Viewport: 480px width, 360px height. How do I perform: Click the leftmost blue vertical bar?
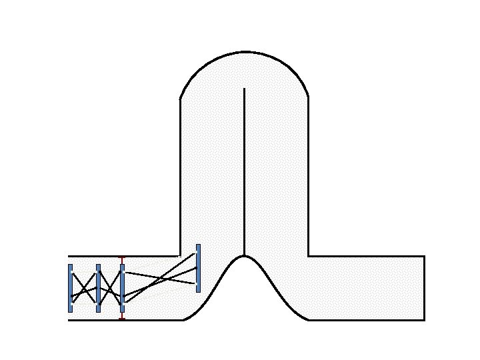click(70, 288)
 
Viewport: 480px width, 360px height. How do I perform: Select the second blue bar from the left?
click(98, 288)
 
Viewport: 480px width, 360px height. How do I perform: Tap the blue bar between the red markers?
click(122, 288)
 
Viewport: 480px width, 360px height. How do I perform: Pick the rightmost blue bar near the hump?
click(198, 268)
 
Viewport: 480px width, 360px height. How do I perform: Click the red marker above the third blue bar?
click(121, 257)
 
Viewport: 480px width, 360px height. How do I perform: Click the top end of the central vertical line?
click(245, 89)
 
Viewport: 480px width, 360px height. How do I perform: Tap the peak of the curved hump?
click(245, 255)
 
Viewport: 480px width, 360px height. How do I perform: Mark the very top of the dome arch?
click(245, 51)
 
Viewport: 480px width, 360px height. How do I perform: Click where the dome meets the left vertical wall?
click(181, 99)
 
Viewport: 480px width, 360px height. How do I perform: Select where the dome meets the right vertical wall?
click(308, 98)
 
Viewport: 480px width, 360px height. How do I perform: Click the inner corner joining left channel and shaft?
click(181, 256)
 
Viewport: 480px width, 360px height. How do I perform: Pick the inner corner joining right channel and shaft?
click(308, 256)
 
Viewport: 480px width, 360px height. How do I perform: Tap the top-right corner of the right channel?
click(424, 256)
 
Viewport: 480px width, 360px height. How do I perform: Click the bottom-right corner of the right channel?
click(424, 320)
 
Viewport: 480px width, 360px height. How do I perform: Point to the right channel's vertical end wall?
click(424, 288)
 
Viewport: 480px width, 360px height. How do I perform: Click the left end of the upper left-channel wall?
click(69, 256)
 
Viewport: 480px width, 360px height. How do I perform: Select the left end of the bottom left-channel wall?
click(69, 320)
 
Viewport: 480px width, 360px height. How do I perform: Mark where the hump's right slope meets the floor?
click(308, 320)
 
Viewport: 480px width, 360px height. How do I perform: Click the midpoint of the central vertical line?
click(245, 172)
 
